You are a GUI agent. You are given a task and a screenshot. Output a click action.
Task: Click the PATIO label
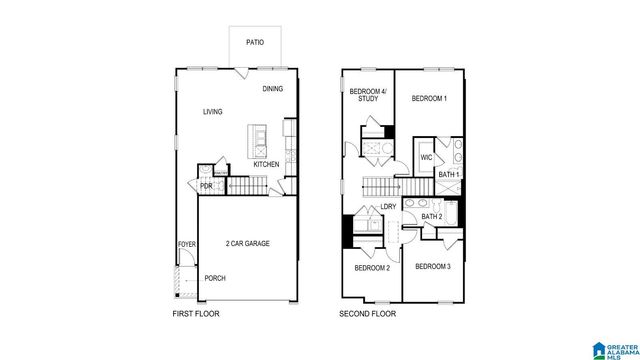click(x=256, y=43)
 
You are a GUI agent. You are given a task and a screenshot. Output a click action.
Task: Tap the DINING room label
click(x=273, y=89)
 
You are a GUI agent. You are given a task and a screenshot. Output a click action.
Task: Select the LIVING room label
click(x=212, y=112)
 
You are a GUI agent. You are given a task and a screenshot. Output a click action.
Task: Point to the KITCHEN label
click(x=266, y=165)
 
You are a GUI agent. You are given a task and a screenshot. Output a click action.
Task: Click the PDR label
click(x=206, y=185)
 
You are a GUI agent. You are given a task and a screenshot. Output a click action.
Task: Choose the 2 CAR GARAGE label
click(x=247, y=243)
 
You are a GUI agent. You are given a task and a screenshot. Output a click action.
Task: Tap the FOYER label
click(x=186, y=243)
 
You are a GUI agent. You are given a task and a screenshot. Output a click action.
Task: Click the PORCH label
click(x=215, y=278)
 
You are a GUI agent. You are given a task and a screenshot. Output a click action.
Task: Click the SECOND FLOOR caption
click(x=366, y=313)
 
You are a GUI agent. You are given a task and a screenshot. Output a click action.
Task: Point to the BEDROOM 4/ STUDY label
click(x=366, y=96)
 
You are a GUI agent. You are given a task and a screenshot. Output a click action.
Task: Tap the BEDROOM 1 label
click(x=430, y=98)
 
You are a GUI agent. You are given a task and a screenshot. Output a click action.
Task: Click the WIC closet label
click(x=426, y=158)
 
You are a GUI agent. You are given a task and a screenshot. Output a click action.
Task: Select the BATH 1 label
click(x=449, y=175)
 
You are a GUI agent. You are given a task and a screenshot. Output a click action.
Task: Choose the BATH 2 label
click(x=431, y=217)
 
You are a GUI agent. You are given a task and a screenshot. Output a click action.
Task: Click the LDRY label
click(x=388, y=206)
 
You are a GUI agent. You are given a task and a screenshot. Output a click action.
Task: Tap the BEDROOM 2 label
click(x=372, y=268)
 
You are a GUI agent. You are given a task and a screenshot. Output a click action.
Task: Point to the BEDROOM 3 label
click(x=433, y=266)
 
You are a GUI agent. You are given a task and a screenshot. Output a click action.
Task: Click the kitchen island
click(x=260, y=138)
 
